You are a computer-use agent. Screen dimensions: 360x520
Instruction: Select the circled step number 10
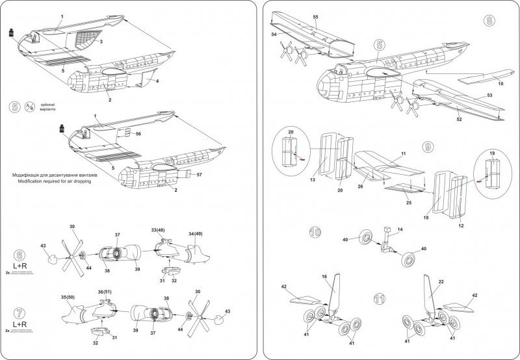tap(316, 231)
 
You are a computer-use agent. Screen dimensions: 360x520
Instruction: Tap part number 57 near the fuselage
tap(199, 175)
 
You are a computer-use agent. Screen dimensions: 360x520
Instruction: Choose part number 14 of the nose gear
tap(400, 230)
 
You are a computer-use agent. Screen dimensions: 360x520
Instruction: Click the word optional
tap(49, 104)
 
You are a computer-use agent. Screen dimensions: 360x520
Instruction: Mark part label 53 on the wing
tap(489, 95)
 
